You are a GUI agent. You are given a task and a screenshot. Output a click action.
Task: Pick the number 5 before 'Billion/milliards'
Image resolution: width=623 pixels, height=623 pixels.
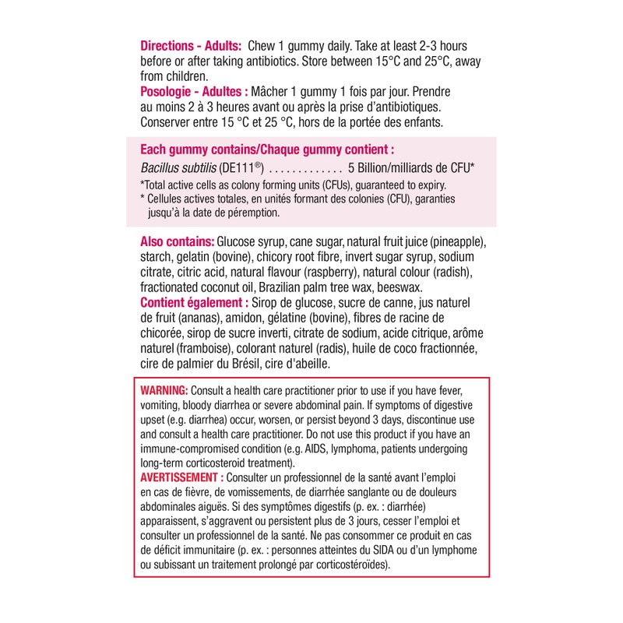click(x=352, y=167)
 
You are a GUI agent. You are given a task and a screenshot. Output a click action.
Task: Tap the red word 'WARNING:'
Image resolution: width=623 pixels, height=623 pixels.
click(x=164, y=389)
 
